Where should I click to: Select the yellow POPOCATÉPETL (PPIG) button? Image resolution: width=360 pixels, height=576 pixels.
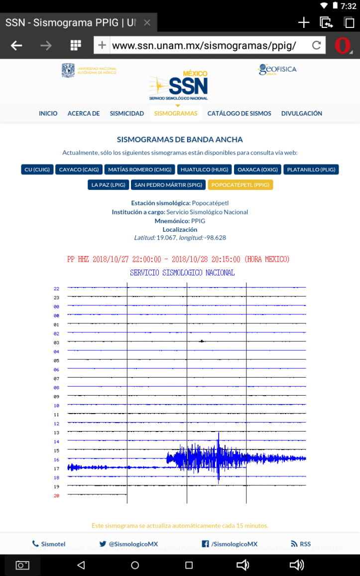click(x=240, y=185)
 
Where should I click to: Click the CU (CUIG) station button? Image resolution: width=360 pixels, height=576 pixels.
click(x=37, y=169)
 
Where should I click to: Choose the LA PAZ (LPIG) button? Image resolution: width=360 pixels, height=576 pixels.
click(x=108, y=185)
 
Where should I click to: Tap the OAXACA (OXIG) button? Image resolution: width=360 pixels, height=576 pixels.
click(x=257, y=169)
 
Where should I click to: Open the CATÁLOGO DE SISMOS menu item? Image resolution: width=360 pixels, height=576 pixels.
click(x=239, y=114)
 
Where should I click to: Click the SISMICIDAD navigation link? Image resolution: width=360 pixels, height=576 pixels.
click(x=127, y=114)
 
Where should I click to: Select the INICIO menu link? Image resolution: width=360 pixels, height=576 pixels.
click(x=48, y=114)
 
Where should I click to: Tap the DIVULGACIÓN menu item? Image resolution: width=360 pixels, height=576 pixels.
click(x=302, y=114)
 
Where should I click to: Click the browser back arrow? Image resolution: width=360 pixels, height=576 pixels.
click(x=16, y=46)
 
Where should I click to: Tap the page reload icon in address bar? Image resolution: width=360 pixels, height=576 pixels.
click(x=316, y=46)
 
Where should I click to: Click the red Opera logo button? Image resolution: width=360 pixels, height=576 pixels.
click(x=343, y=46)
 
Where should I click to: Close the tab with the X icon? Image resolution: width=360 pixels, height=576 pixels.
click(x=147, y=23)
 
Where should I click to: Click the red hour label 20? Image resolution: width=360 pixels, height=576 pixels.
click(x=56, y=496)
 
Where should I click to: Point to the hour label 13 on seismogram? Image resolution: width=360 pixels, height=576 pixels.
click(x=56, y=432)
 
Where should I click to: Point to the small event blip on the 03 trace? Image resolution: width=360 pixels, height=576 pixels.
click(x=202, y=341)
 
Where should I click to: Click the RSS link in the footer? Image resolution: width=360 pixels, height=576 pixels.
click(x=301, y=544)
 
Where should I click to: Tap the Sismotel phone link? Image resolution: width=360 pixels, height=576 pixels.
click(x=49, y=544)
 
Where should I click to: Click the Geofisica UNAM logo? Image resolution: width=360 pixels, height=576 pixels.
click(x=277, y=70)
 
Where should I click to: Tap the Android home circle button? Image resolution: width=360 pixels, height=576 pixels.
click(x=135, y=565)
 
